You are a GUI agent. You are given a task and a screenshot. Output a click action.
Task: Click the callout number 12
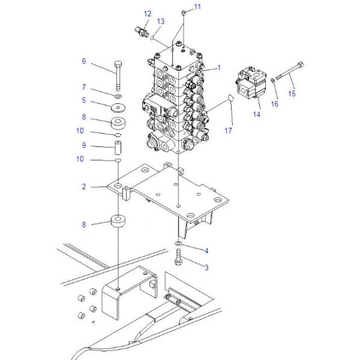point(148,14)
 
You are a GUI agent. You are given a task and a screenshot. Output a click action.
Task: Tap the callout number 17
point(228,131)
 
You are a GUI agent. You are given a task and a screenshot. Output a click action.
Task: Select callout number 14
point(257,114)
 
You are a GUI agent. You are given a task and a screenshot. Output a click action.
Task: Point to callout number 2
point(84,187)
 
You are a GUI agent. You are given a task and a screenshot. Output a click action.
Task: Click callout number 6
point(84,61)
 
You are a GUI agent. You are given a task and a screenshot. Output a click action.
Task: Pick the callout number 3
point(206,268)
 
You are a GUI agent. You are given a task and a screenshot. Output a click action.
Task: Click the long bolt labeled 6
point(118,76)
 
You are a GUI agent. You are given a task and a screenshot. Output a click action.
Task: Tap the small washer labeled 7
point(118,96)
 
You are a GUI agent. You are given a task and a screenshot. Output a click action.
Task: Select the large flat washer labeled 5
point(118,107)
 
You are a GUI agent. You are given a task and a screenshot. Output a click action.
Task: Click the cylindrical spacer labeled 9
point(118,148)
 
